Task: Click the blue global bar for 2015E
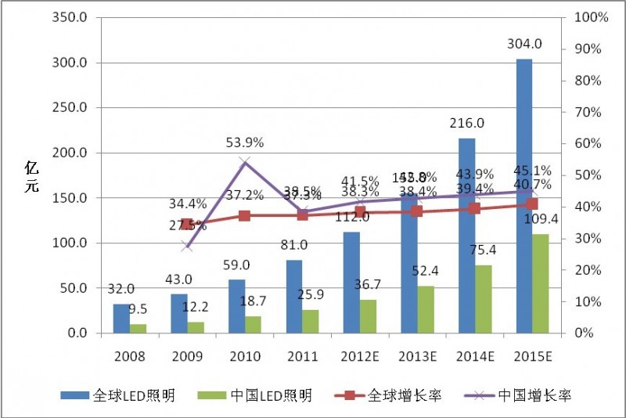point(524,196)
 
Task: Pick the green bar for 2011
point(311,321)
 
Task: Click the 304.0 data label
point(523,49)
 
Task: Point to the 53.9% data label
point(245,142)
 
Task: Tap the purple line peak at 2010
point(245,162)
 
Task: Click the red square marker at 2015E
point(532,204)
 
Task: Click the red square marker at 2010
point(245,215)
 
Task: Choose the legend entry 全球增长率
point(401,395)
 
